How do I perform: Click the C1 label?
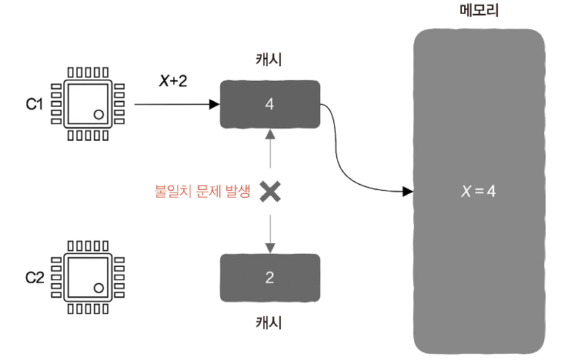(34, 104)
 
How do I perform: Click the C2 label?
(34, 276)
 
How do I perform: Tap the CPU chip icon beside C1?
(89, 104)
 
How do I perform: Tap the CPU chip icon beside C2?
(89, 276)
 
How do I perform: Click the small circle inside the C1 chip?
(99, 115)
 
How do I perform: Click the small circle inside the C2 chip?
(99, 287)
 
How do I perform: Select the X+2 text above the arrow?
(172, 82)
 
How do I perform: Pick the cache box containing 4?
(269, 103)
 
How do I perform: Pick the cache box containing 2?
(269, 277)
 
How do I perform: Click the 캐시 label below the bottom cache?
(269, 322)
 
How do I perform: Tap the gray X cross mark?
(269, 192)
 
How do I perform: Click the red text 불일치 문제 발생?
(202, 192)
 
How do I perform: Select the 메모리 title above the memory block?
(478, 10)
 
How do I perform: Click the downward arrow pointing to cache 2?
(269, 231)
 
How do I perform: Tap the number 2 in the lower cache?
(269, 277)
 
